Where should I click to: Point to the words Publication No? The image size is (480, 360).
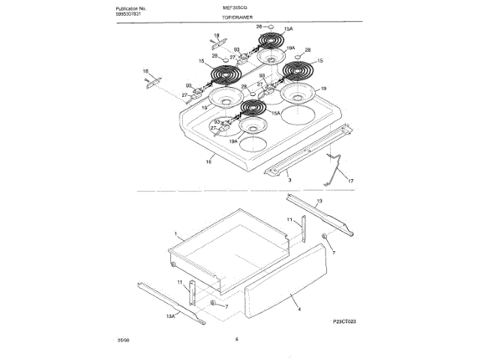coord(115,7)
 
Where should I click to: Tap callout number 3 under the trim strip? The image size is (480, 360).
coord(289,180)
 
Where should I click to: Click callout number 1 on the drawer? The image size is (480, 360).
coord(175,234)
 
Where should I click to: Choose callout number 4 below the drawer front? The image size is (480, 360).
coord(298,309)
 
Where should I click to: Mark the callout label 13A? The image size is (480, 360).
coord(170,317)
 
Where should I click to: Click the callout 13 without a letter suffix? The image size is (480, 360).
coord(318,202)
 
